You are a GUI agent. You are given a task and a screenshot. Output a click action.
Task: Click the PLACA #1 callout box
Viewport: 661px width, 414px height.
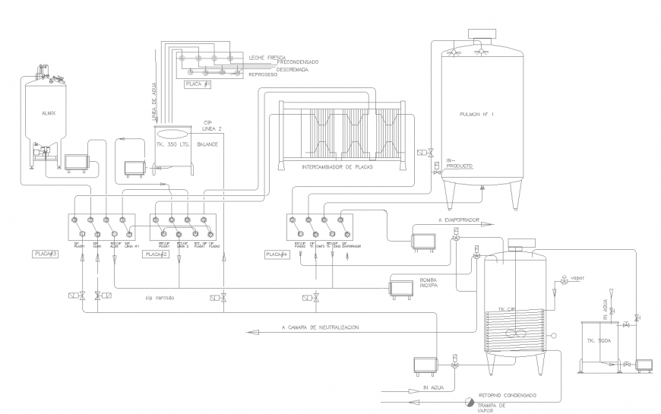(196, 85)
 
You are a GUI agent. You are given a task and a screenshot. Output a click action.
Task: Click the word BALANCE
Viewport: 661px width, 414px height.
(208, 144)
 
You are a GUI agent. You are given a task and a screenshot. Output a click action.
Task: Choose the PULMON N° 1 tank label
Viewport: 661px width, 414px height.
(477, 115)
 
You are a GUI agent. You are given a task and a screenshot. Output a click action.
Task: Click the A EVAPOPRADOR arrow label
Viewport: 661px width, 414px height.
(460, 220)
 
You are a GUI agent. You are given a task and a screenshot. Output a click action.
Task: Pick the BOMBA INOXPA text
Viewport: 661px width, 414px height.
(434, 284)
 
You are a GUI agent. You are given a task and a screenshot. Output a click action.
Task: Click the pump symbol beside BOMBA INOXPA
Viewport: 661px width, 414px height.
(401, 288)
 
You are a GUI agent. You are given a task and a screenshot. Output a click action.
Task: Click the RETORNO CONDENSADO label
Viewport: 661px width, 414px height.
(508, 396)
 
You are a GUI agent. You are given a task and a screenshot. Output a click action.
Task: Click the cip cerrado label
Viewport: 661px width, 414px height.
(160, 298)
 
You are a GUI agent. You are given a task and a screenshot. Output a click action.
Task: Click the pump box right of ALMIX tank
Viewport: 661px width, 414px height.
(77, 163)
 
